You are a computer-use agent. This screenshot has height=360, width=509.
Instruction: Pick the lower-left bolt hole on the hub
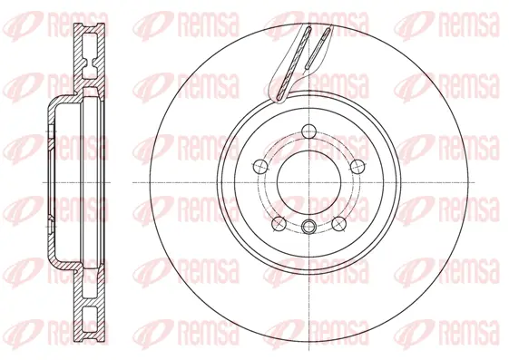(278, 219)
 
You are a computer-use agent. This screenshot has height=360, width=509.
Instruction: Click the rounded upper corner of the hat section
(53, 101)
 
